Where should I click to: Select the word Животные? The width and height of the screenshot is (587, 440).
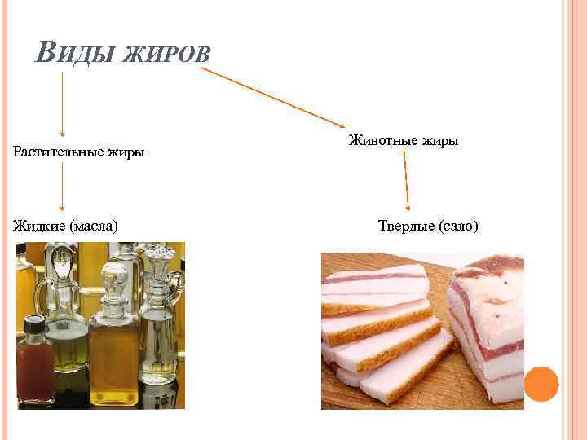[x=383, y=141]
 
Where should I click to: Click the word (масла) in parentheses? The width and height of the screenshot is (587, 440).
[x=95, y=224]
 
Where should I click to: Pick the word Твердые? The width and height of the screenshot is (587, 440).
[x=405, y=225]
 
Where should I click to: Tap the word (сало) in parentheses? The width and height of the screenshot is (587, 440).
[x=459, y=225]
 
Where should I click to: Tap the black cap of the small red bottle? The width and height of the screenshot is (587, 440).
[x=33, y=325]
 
